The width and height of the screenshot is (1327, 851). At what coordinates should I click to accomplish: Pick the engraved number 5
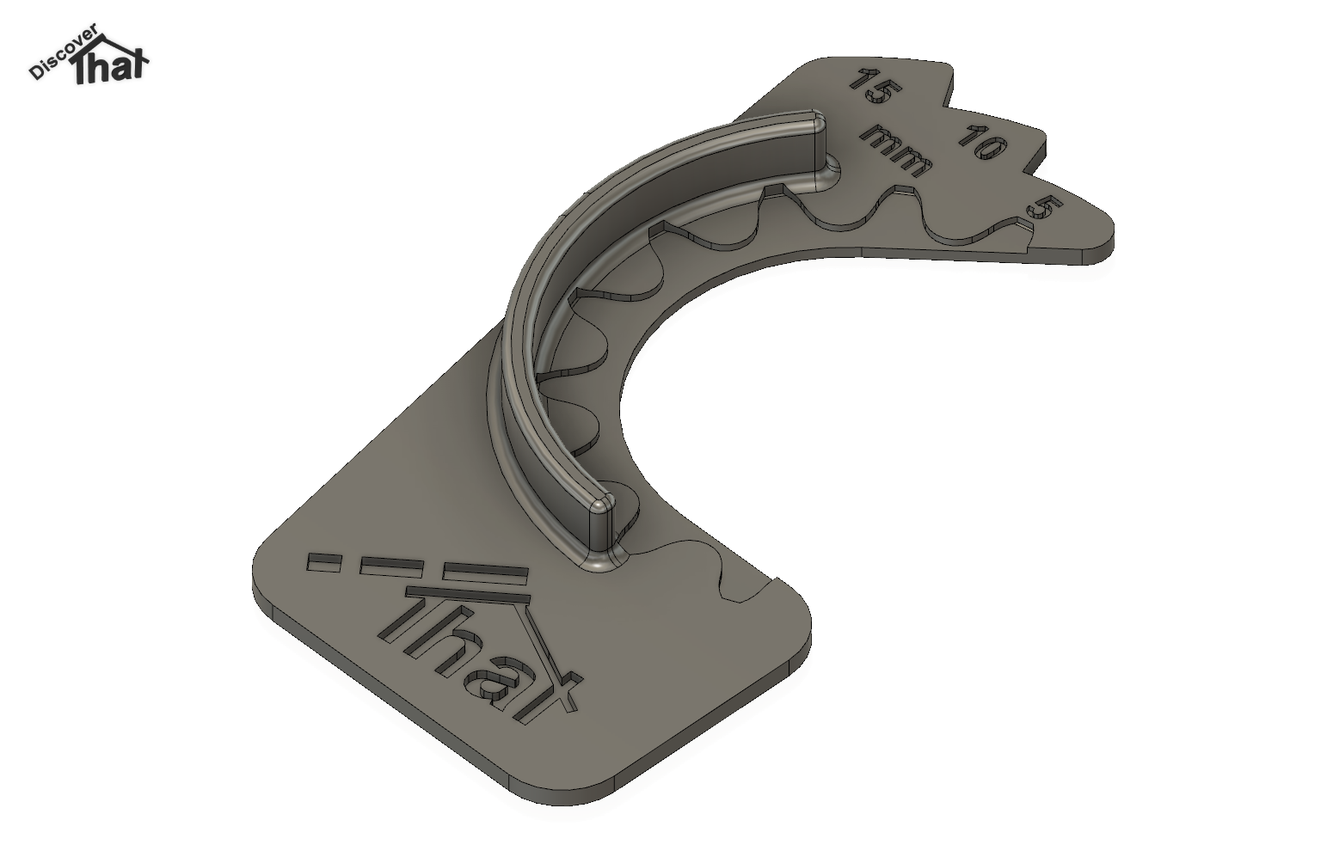coord(1044,208)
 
